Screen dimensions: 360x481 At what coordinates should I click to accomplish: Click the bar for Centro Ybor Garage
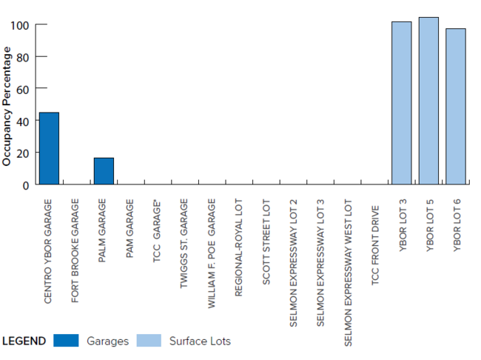tap(49, 148)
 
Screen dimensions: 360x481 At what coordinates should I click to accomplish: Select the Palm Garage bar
tap(104, 171)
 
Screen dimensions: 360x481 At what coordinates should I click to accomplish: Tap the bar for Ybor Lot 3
tap(401, 103)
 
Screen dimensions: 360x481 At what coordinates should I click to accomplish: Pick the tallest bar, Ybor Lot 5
tap(428, 101)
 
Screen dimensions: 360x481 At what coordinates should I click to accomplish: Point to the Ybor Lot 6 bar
tap(456, 107)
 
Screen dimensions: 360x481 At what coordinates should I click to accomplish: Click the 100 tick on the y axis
tap(20, 25)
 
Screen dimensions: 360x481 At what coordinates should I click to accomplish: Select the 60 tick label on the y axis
tap(23, 89)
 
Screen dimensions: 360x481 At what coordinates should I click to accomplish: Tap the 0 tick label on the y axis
tap(26, 184)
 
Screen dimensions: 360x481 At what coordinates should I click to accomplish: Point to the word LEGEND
tap(24, 341)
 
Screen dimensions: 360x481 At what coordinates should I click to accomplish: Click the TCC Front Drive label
tap(375, 238)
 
